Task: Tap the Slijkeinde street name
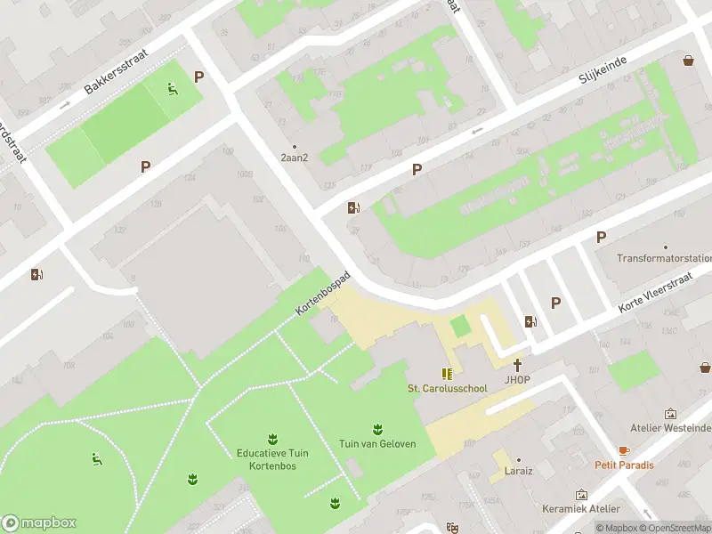603,68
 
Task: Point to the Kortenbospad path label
324,292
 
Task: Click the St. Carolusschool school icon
446,375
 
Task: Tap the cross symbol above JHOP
517,365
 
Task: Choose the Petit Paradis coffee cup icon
624,451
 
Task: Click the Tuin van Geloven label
377,444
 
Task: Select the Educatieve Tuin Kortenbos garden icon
271,438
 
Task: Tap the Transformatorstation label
665,259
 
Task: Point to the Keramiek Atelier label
581,508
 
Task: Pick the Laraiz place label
518,471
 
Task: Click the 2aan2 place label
295,158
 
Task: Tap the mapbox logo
38,523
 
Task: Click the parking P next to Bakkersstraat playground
198,77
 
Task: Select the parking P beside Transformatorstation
601,237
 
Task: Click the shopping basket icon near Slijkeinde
688,61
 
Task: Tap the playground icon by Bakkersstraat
173,88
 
